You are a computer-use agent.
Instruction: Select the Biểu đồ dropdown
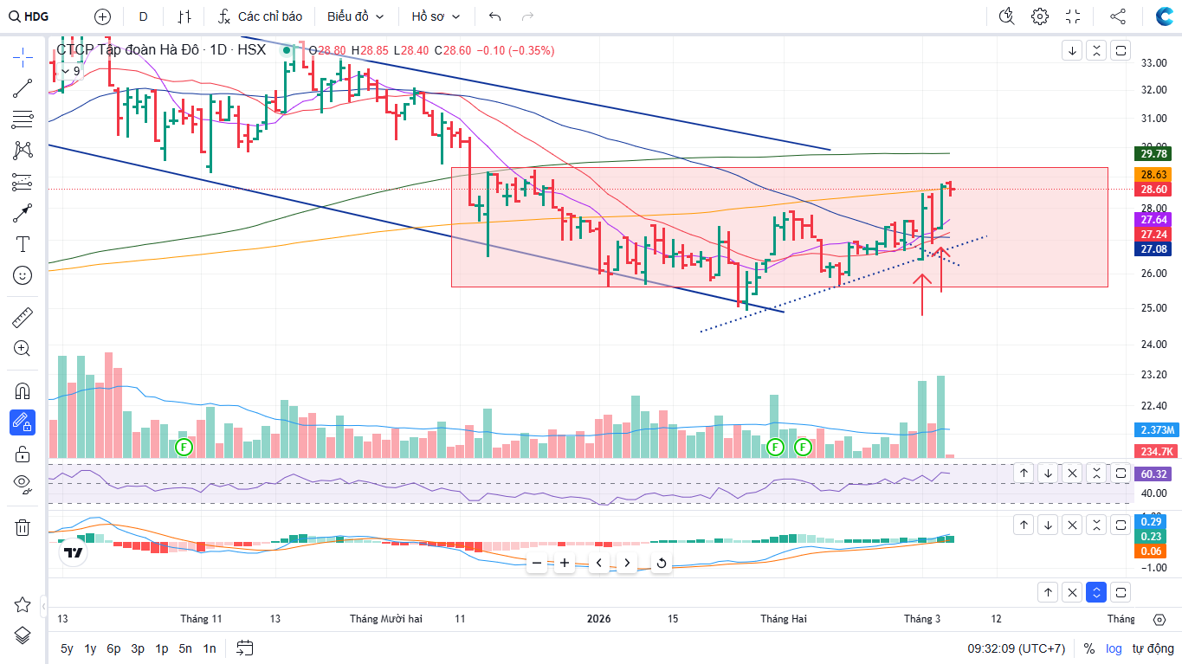355,16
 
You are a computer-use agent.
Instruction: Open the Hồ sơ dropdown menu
436,16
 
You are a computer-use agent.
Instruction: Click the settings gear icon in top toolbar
1040,16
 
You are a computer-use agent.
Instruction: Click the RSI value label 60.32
1153,474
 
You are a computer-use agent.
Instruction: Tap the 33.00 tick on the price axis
1153,63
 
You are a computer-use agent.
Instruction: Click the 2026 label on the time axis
598,619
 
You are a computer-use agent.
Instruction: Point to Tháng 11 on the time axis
201,619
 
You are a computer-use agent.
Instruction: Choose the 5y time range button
67,648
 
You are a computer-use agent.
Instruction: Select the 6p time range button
113,648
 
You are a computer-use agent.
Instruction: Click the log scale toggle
1114,648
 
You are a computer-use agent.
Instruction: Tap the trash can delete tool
23,527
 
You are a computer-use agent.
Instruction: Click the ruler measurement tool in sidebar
23,318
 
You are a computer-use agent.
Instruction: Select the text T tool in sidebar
23,244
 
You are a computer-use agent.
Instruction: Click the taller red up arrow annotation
921,294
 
